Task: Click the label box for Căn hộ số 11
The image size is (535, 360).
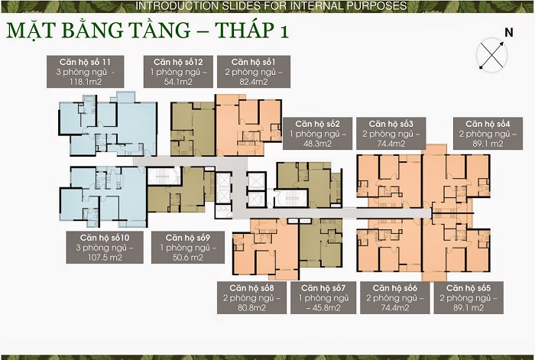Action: [86, 72]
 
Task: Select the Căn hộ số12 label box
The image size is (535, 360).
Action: [178, 72]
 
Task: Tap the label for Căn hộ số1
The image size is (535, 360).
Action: [254, 72]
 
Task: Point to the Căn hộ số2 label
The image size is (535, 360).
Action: [318, 134]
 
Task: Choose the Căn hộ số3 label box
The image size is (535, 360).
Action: [391, 134]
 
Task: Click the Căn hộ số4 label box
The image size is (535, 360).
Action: [488, 134]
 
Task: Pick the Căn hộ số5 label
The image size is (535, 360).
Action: [469, 297]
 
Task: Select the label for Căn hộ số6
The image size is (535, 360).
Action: [395, 297]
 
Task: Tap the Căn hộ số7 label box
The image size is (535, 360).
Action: [323, 297]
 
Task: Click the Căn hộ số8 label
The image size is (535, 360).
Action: [251, 297]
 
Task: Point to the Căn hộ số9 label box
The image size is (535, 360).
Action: [188, 248]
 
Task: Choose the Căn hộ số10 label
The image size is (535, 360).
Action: [105, 248]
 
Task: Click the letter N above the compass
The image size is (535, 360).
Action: [509, 32]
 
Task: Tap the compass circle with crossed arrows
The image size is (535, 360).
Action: [491, 54]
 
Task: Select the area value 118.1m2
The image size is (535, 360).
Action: [86, 82]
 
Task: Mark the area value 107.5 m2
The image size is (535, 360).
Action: [105, 258]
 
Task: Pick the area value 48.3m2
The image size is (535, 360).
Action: [318, 144]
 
